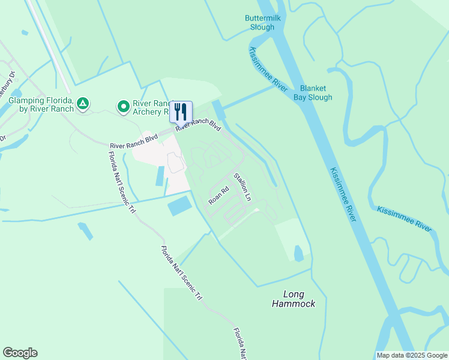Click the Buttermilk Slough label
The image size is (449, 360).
263,23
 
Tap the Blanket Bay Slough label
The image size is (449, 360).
312,92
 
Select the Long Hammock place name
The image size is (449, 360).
293,299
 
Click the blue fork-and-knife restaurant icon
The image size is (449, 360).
181,112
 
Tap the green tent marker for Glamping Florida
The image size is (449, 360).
83,104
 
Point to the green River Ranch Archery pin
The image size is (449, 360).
124,107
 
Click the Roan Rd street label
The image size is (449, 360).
219,196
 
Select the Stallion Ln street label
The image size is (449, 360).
242,187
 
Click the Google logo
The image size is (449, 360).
20,353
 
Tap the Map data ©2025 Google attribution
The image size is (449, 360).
411,355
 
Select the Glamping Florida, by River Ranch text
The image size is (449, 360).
41,104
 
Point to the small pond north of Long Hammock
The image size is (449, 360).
298,254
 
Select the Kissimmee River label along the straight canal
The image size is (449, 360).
343,194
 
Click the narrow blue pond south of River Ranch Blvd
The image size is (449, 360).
160,176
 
